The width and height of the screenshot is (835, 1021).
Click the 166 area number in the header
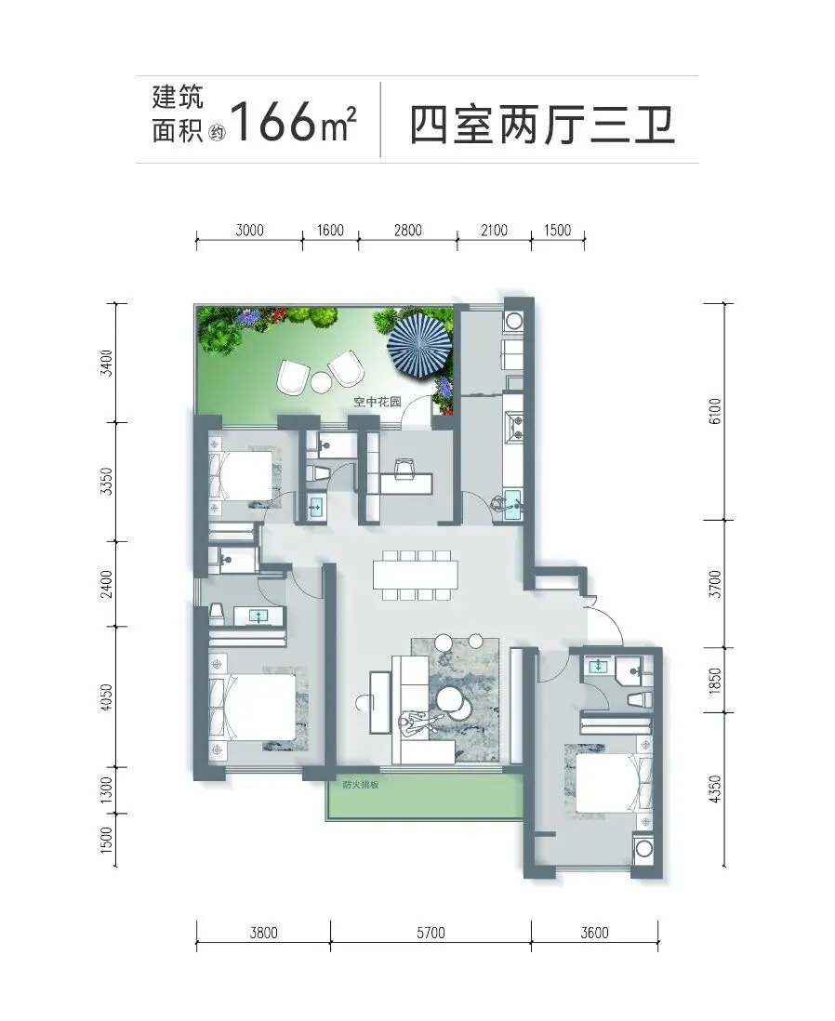tap(273, 122)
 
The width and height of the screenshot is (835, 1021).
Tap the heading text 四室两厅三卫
tap(542, 125)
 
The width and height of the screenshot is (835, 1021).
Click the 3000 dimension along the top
tap(249, 230)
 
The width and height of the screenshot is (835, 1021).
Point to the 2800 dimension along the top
tap(407, 230)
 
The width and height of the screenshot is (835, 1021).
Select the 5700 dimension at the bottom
tap(431, 933)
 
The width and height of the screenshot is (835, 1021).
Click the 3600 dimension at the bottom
tap(595, 933)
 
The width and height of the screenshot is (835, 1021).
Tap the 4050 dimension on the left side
tap(108, 696)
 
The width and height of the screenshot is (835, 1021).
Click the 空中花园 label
tap(378, 402)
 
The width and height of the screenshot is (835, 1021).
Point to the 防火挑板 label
tap(360, 785)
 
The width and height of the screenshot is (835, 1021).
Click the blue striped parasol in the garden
tap(420, 345)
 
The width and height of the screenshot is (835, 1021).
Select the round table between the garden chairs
tap(321, 381)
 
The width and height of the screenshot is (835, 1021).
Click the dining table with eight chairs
tap(416, 575)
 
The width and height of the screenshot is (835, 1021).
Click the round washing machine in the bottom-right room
tap(644, 848)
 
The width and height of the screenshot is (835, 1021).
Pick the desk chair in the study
tap(404, 468)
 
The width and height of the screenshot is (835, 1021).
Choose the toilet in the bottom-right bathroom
tap(639, 700)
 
